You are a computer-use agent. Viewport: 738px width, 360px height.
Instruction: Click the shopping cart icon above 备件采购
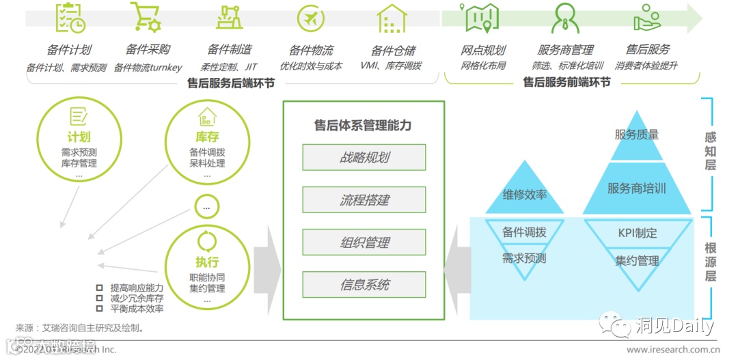click(x=145, y=18)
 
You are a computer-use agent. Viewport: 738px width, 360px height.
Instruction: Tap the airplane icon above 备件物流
click(x=311, y=18)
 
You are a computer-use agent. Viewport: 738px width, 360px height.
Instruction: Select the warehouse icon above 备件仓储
click(x=392, y=19)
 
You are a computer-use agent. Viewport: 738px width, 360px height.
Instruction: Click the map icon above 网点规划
click(x=482, y=18)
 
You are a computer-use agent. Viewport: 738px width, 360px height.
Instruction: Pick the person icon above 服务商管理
click(x=565, y=18)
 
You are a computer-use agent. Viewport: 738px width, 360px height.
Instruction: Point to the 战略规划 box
click(x=364, y=157)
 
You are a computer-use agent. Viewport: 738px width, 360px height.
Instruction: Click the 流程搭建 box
click(x=364, y=199)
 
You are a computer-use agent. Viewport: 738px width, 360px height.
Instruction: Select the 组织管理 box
click(x=364, y=242)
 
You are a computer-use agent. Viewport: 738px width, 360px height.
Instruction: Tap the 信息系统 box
click(x=364, y=284)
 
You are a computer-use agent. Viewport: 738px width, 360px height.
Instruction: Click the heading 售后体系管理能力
click(x=363, y=126)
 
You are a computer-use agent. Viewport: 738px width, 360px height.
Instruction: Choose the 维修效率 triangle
click(x=525, y=194)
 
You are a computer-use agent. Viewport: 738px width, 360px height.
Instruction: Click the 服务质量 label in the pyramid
click(x=637, y=135)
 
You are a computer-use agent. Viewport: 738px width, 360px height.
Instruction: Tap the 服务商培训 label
click(x=637, y=188)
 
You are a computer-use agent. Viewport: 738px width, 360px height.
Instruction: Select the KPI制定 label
click(x=637, y=233)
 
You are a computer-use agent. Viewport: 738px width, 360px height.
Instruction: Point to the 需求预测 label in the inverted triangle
click(x=525, y=258)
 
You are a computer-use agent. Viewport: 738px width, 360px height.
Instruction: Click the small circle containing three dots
click(x=206, y=206)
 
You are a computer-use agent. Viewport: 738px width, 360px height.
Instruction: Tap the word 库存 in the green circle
click(x=206, y=137)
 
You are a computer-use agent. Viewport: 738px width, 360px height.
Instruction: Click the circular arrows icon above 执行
click(x=206, y=241)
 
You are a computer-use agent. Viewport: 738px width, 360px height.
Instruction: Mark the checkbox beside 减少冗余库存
click(x=100, y=298)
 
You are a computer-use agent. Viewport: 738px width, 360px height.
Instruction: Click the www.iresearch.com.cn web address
click(x=672, y=350)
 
